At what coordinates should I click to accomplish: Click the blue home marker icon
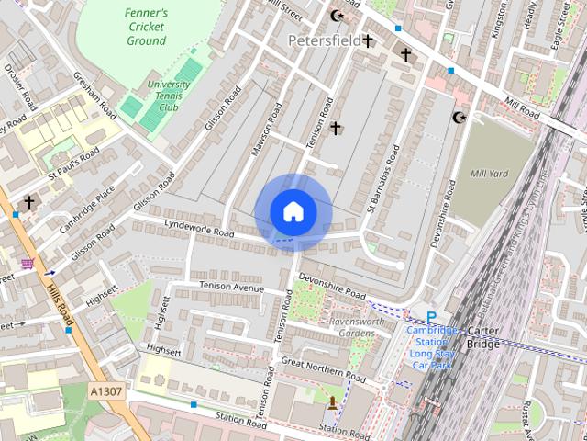coord(293,212)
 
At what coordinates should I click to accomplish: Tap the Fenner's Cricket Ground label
coord(147,27)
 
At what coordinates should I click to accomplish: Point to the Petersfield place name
coord(324,40)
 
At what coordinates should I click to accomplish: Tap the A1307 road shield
coord(106,391)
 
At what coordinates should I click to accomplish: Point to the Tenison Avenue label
coord(231,288)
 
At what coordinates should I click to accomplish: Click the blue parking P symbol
coord(430,318)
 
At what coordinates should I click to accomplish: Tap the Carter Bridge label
coord(483,337)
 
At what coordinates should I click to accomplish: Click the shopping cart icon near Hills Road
coord(28,263)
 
